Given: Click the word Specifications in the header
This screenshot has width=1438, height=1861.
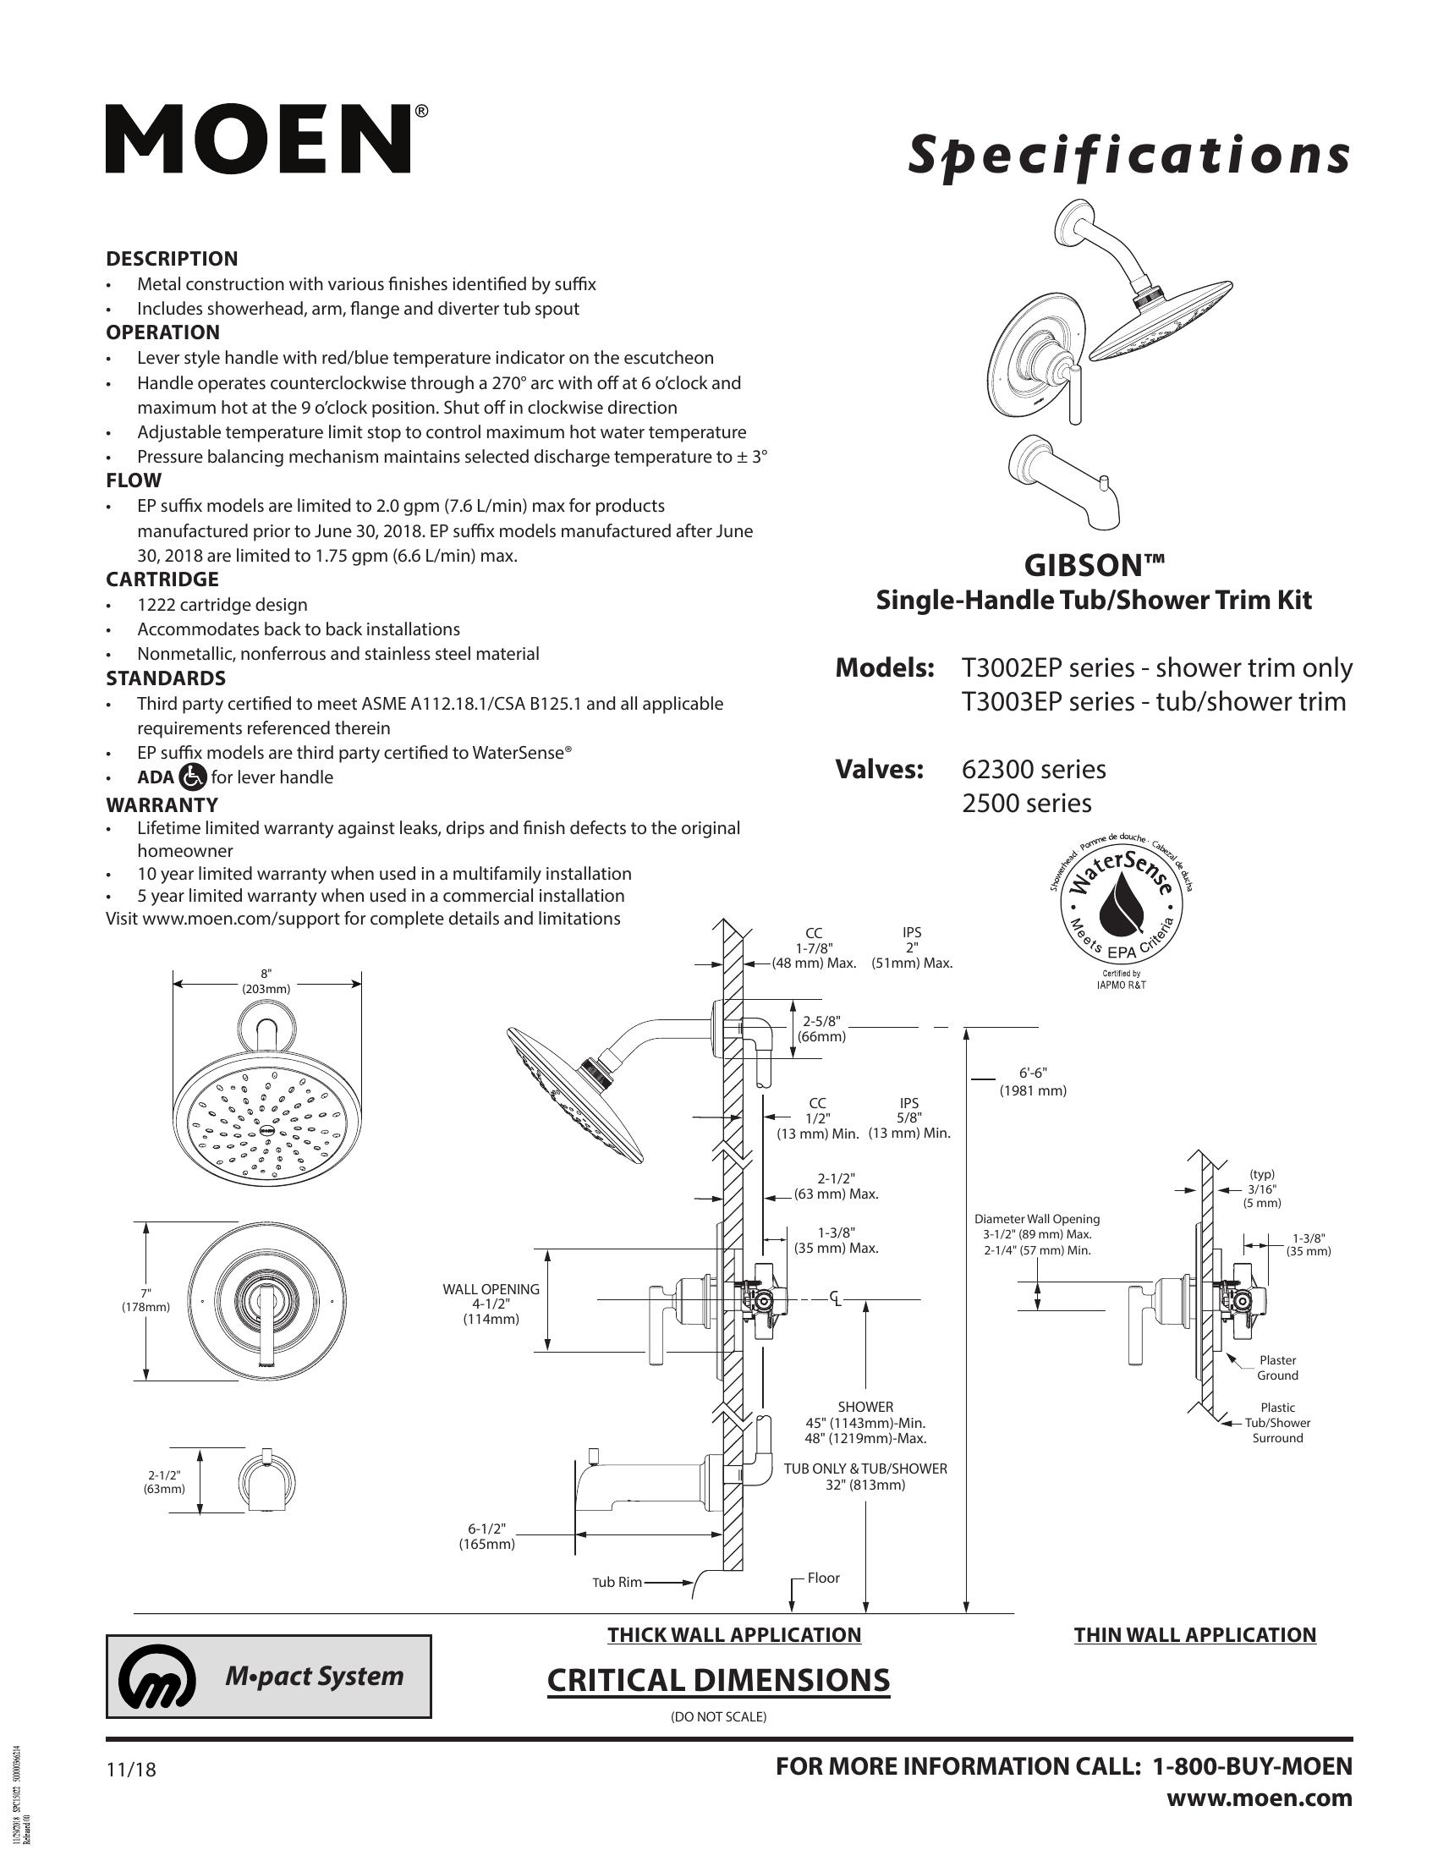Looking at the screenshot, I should pyautogui.click(x=1128, y=156).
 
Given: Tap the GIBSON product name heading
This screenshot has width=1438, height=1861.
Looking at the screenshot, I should pyautogui.click(x=1094, y=565).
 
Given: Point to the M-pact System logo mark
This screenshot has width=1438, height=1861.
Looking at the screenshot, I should pyautogui.click(x=156, y=1677).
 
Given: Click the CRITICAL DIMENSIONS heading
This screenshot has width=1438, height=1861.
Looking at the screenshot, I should pyautogui.click(x=717, y=1679).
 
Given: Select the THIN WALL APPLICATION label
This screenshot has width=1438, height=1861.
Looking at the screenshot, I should pyautogui.click(x=1194, y=1634).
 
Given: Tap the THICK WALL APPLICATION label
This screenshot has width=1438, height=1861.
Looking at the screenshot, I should pyautogui.click(x=733, y=1634).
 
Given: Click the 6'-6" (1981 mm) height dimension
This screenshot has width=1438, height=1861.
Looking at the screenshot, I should pyautogui.click(x=1033, y=1081).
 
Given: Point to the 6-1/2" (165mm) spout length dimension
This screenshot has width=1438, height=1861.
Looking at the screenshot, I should pyautogui.click(x=487, y=1536).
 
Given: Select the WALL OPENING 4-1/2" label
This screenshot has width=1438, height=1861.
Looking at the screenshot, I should pyautogui.click(x=491, y=1304).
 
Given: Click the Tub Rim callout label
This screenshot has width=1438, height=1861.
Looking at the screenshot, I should pyautogui.click(x=617, y=1583).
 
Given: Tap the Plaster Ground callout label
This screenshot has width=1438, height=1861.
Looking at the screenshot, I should pyautogui.click(x=1277, y=1368).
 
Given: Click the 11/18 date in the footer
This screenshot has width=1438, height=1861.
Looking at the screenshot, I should pyautogui.click(x=131, y=1770).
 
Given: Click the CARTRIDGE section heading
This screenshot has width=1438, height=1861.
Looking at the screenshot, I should pyautogui.click(x=162, y=579).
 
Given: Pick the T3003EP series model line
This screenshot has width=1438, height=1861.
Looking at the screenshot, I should pyautogui.click(x=1154, y=701).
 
